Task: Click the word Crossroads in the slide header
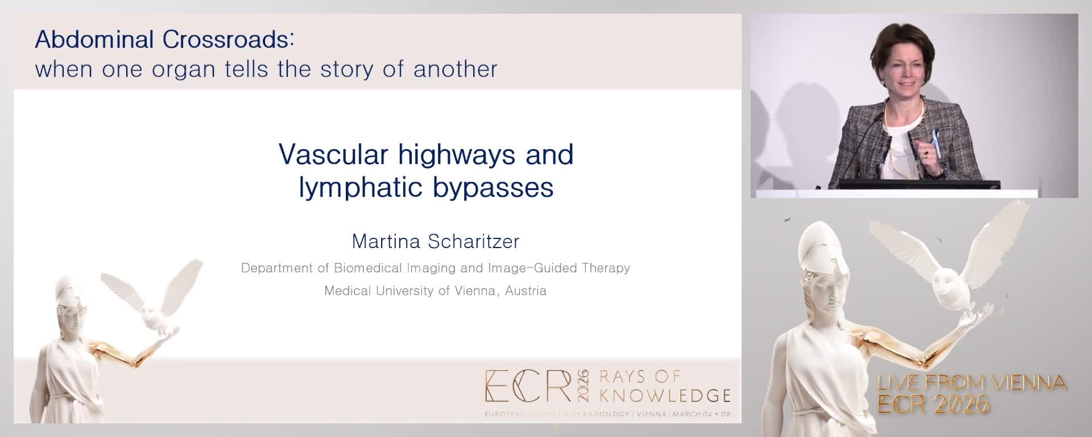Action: (x=228, y=40)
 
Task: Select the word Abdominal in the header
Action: (x=94, y=40)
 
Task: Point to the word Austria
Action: (x=526, y=291)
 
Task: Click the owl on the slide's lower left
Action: (x=152, y=302)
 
